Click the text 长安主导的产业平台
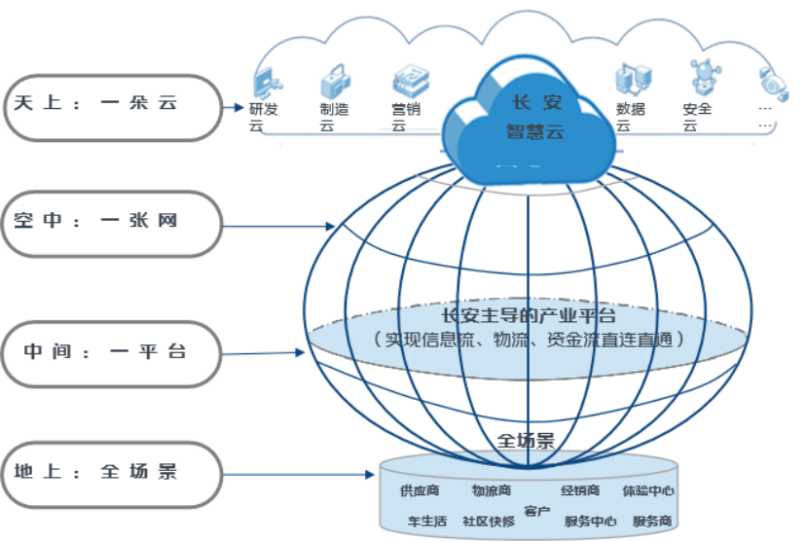click(530, 315)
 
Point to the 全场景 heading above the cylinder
click(526, 440)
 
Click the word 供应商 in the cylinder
click(420, 490)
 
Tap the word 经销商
click(580, 490)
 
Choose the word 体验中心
click(648, 490)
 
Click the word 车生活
click(425, 521)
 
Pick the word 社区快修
click(488, 521)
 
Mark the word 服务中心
click(591, 521)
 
